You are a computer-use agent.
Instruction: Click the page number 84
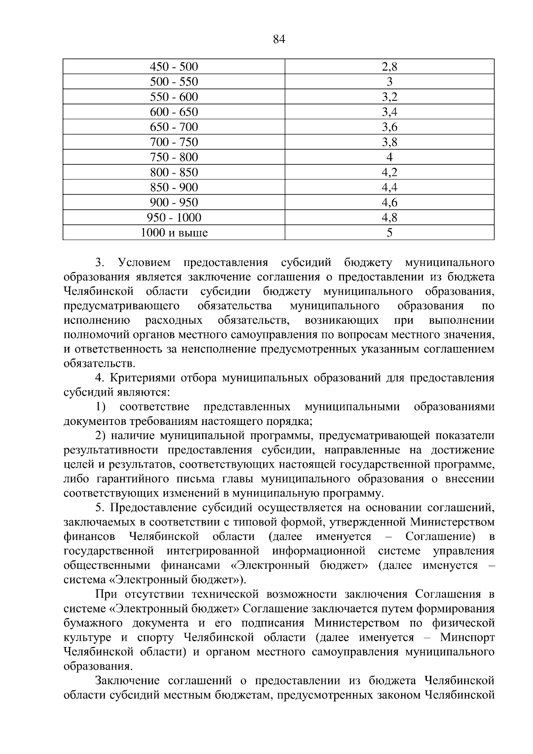[278, 40]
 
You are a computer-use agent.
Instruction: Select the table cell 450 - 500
[174, 67]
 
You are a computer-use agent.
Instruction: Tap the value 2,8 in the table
[389, 67]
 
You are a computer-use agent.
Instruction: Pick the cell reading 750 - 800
[174, 157]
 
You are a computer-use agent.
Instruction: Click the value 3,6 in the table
[389, 127]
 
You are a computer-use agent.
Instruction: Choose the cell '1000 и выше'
[174, 233]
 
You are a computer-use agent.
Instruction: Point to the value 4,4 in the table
[389, 187]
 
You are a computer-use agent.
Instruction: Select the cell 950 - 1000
[174, 218]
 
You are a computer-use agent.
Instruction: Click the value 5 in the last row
[389, 233]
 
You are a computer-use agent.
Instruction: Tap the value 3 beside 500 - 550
[389, 82]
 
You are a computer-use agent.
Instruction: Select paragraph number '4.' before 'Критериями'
[100, 378]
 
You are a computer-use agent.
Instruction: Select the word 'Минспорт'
[467, 638]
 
